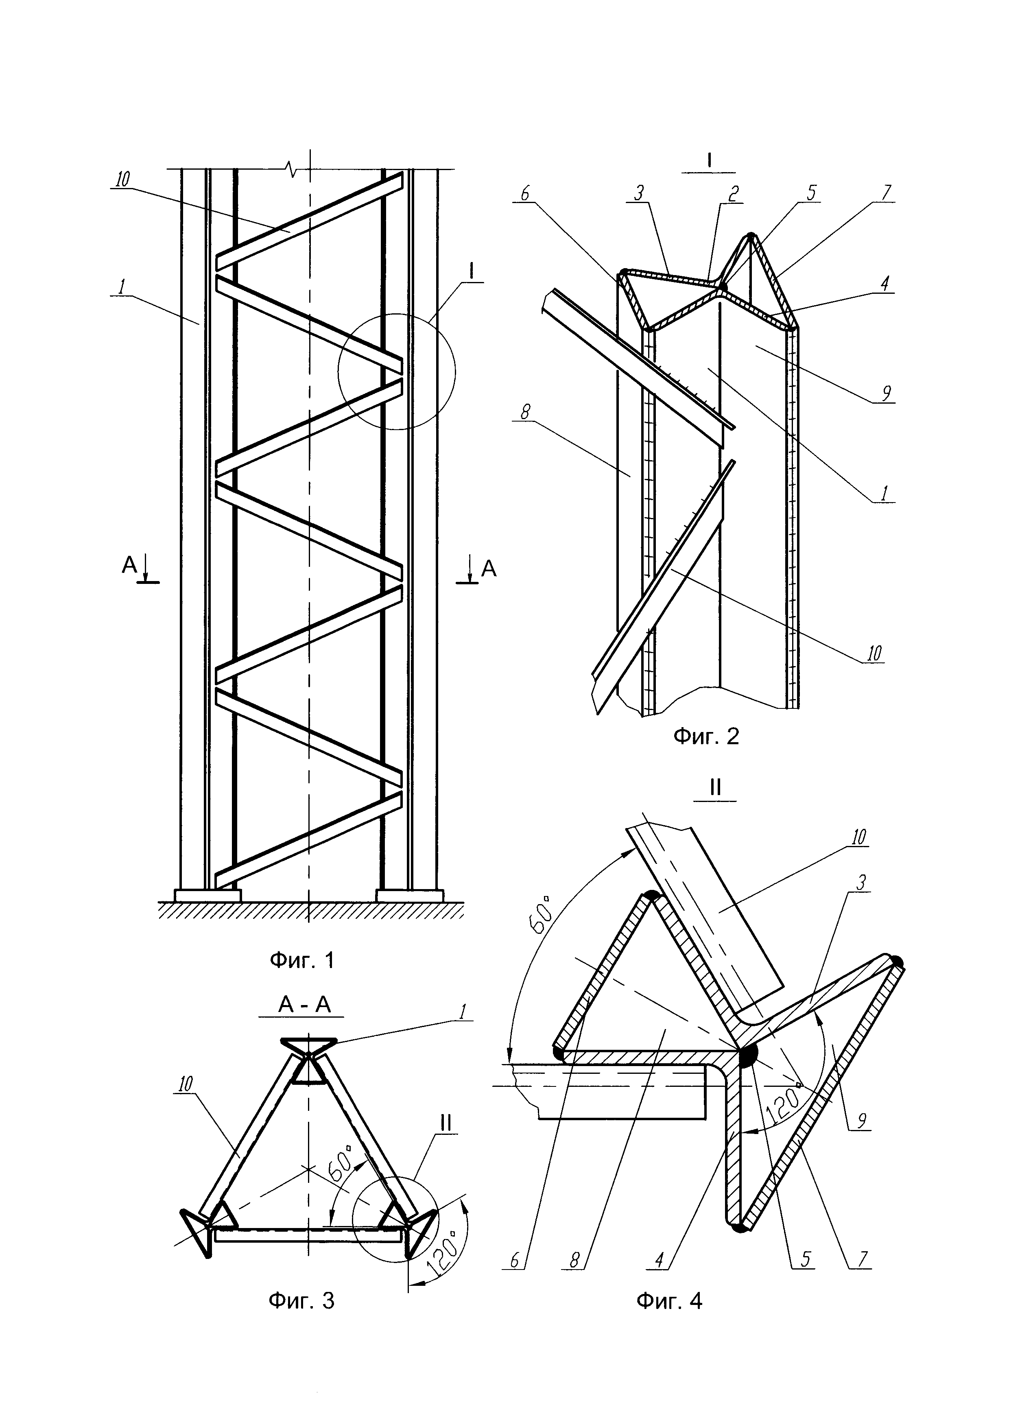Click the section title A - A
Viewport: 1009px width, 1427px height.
(x=304, y=1005)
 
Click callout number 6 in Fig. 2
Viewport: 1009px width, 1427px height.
(x=524, y=193)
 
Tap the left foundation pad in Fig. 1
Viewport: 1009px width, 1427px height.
(x=207, y=895)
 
